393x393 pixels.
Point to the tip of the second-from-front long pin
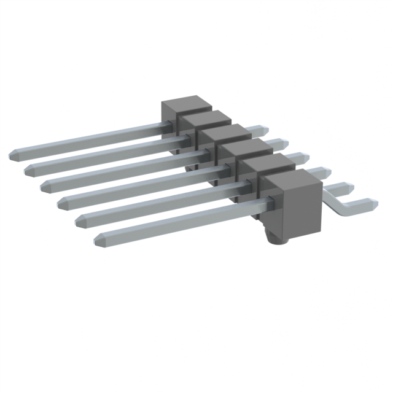pos(77,219)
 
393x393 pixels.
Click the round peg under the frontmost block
pos(273,237)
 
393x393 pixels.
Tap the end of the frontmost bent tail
pos(374,202)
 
